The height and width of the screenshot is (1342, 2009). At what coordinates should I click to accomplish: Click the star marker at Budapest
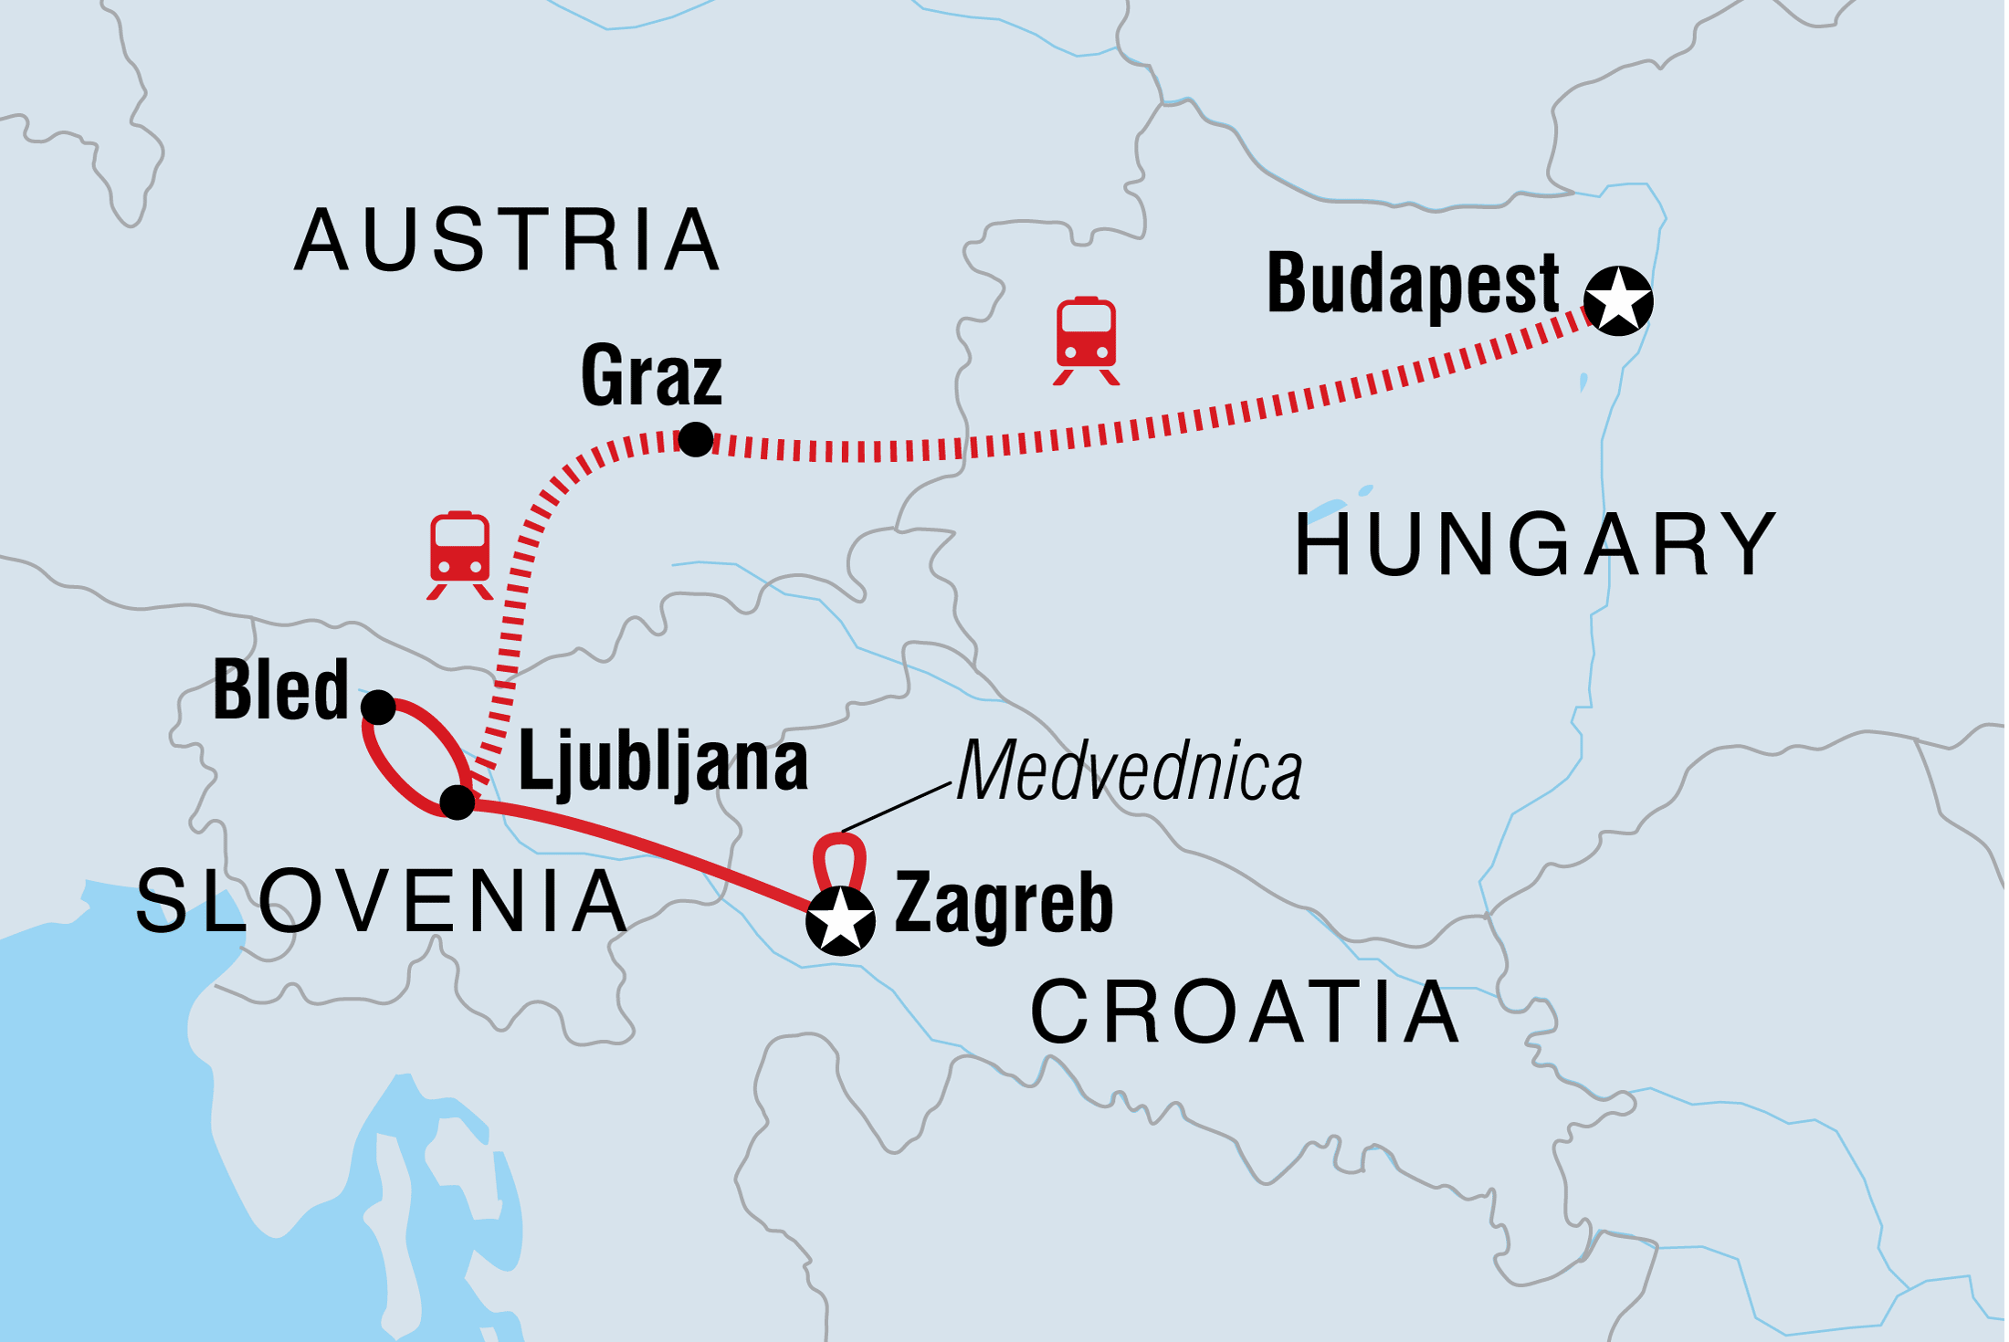pyautogui.click(x=1617, y=300)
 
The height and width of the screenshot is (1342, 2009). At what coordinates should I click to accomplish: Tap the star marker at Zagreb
pyautogui.click(x=840, y=920)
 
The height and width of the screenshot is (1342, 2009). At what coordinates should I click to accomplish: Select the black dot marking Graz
pyautogui.click(x=696, y=439)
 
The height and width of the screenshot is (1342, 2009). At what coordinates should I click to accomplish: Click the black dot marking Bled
pyautogui.click(x=378, y=707)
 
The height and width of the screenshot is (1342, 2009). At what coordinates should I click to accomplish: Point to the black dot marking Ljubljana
pyautogui.click(x=458, y=802)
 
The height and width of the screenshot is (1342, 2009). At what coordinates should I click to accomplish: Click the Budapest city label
pyautogui.click(x=1413, y=285)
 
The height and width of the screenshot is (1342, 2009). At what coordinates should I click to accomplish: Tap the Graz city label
pyautogui.click(x=651, y=376)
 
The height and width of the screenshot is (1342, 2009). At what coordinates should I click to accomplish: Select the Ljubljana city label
pyautogui.click(x=664, y=765)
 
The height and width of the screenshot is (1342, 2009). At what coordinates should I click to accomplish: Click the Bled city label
pyautogui.click(x=280, y=691)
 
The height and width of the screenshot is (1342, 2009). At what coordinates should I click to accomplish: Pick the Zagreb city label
pyautogui.click(x=1004, y=904)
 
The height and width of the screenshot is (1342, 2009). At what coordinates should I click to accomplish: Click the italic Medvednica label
pyautogui.click(x=1130, y=771)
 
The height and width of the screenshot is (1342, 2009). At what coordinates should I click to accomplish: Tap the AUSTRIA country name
pyautogui.click(x=508, y=240)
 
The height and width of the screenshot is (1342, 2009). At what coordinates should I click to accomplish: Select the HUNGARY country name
pyautogui.click(x=1536, y=545)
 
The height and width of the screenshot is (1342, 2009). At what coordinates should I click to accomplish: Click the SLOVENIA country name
pyautogui.click(x=382, y=902)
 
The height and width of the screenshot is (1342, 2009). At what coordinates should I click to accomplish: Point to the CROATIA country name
pyautogui.click(x=1245, y=1012)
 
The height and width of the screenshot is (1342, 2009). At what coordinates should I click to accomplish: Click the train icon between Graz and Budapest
pyautogui.click(x=1086, y=341)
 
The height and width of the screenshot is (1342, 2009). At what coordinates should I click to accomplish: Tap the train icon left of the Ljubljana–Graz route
pyautogui.click(x=460, y=554)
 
